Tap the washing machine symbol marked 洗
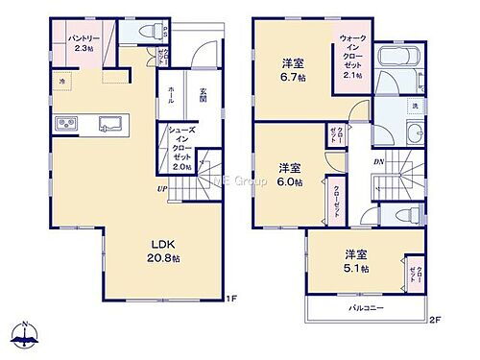point(415,104)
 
